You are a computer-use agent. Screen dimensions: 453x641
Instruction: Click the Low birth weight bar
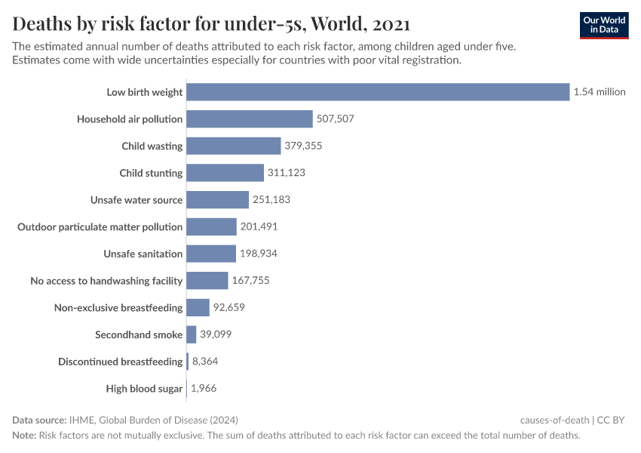[377, 92]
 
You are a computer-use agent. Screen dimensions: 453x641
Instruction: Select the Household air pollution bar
[249, 119]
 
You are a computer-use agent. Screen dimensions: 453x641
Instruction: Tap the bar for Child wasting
[233, 146]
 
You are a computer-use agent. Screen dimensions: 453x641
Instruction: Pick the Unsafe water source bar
[217, 200]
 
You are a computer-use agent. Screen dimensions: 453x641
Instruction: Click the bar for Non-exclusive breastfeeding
[198, 307]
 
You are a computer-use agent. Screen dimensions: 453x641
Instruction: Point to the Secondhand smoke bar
[192, 334]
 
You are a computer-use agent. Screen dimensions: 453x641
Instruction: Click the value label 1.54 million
[600, 92]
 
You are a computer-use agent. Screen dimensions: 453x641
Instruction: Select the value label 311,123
[286, 173]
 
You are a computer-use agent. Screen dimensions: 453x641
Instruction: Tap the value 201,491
[259, 226]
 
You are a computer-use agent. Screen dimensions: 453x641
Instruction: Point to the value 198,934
[259, 254]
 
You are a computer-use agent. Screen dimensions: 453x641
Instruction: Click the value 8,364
[205, 362]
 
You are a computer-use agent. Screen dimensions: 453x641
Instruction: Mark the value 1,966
[204, 389]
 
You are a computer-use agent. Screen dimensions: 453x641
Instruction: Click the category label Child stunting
[151, 173]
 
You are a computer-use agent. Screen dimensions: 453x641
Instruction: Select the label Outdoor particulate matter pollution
[100, 226]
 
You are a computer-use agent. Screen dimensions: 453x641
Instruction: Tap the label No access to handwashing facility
[106, 281]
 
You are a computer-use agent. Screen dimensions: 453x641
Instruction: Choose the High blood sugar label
[144, 389]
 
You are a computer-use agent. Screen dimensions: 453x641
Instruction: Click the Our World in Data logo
[603, 25]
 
